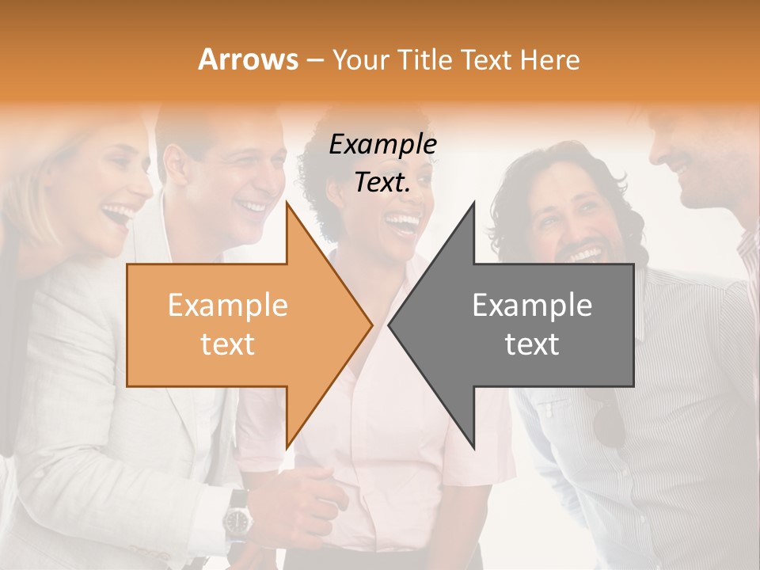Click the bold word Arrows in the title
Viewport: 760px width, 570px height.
click(x=249, y=59)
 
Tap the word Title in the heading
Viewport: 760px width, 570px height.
click(x=424, y=60)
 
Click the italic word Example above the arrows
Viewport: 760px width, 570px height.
click(x=382, y=145)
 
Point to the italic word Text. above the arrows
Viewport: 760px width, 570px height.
click(x=382, y=182)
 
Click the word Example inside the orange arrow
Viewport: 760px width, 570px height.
click(x=227, y=306)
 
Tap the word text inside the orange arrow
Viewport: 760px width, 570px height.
click(x=227, y=344)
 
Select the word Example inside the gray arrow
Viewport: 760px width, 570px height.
click(x=532, y=306)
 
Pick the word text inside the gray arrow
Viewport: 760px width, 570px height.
click(x=532, y=344)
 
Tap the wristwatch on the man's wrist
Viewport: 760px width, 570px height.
click(x=237, y=520)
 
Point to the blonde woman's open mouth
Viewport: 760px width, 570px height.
click(x=120, y=214)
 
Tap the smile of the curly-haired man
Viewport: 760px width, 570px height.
click(x=586, y=255)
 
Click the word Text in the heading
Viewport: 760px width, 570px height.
click(x=489, y=60)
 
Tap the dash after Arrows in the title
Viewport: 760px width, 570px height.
click(x=314, y=60)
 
